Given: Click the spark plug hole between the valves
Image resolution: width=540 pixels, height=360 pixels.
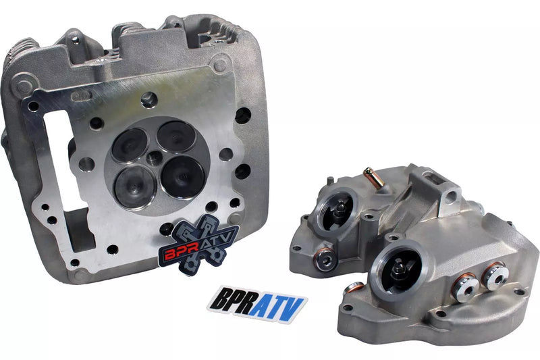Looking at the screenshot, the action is click(x=155, y=158).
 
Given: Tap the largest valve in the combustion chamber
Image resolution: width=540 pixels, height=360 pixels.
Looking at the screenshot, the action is click(x=183, y=177).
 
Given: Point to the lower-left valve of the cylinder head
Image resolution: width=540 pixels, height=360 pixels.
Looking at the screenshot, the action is click(x=136, y=186).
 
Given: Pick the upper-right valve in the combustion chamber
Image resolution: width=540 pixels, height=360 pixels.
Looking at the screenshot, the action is click(x=176, y=136).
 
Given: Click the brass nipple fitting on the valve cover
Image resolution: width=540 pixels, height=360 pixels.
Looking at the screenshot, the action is click(x=374, y=178).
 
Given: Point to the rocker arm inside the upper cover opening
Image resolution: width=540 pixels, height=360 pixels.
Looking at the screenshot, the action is click(x=340, y=209).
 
